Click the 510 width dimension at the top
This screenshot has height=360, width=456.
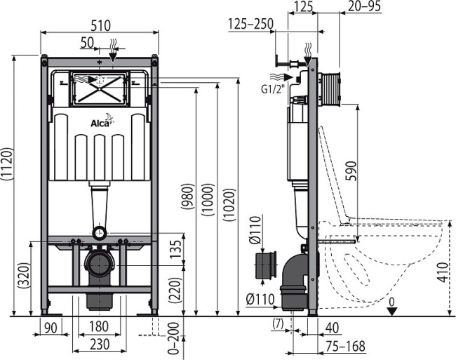tap(99, 26)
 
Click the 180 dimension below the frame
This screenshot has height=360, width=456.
tap(99, 328)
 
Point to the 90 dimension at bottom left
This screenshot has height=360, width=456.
tap(50, 328)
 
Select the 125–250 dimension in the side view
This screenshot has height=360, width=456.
tap(250, 25)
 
